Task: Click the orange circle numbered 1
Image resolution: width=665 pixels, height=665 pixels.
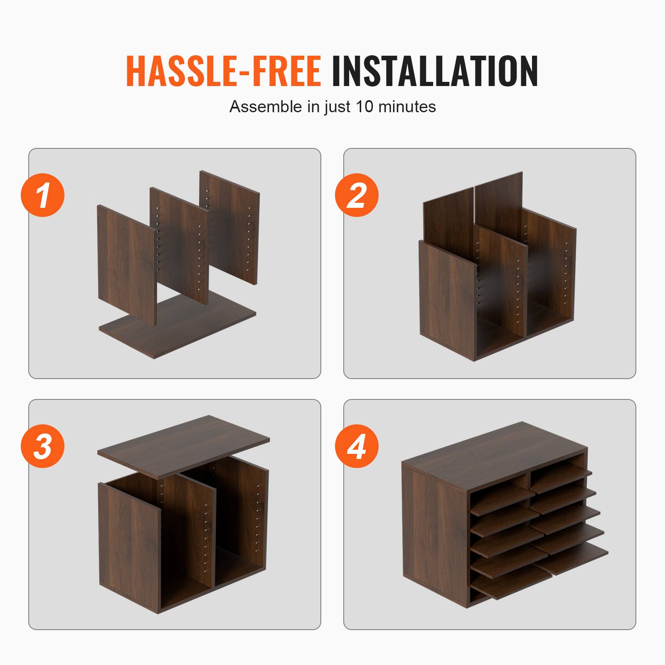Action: tap(42, 195)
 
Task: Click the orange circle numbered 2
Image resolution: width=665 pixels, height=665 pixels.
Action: tap(357, 195)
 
